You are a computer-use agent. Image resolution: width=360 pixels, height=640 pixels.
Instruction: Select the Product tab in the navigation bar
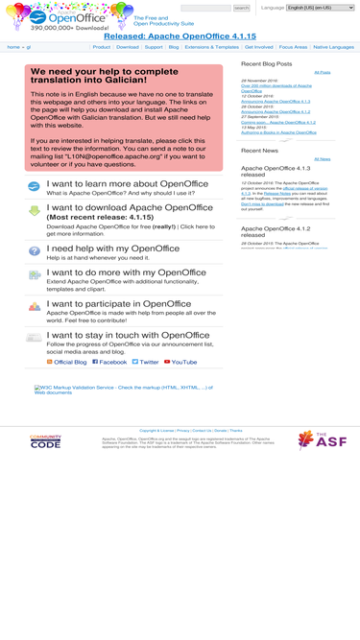click(x=101, y=47)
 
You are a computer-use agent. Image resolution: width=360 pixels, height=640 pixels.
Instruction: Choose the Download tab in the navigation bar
click(x=128, y=47)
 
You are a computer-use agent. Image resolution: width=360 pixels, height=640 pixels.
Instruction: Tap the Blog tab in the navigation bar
click(x=174, y=47)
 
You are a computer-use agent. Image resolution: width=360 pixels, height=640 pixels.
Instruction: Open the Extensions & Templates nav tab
click(x=212, y=47)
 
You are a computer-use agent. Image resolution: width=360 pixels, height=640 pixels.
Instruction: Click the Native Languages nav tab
click(x=333, y=47)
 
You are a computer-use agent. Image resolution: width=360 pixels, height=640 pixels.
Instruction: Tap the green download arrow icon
click(x=35, y=210)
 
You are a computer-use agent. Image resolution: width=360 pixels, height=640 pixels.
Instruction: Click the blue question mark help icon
click(x=35, y=251)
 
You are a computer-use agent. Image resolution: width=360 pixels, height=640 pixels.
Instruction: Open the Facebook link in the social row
click(x=113, y=362)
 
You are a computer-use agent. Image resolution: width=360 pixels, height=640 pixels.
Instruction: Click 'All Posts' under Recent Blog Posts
click(x=322, y=72)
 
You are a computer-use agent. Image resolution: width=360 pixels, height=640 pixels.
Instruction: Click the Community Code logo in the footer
click(x=45, y=441)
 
